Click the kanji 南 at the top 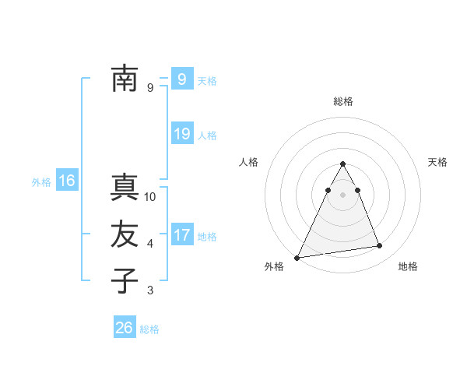pos(125,79)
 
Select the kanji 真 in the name pos(125,188)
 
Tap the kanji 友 pos(125,234)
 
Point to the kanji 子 pos(125,280)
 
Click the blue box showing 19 pos(181,134)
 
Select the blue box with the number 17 pos(181,234)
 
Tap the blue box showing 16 pos(67,181)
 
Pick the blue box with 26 pos(125,328)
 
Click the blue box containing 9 pos(181,79)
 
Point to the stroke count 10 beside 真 pos(151,197)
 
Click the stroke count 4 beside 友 pos(150,244)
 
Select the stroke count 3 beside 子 pos(150,290)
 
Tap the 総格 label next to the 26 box pos(149,329)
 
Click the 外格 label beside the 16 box pos(41,182)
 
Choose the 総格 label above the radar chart pos(342,101)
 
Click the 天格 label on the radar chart pos(437,162)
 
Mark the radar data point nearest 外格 pos(297,257)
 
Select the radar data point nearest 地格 pos(380,246)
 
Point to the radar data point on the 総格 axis pos(342,164)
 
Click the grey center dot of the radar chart pos(342,195)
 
